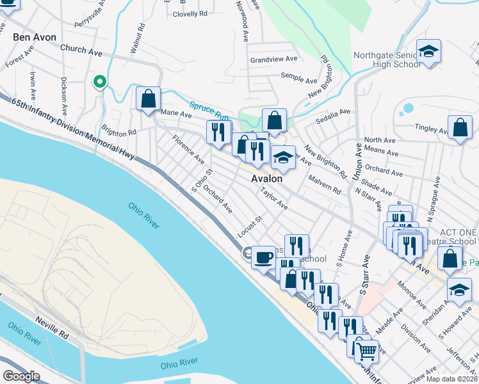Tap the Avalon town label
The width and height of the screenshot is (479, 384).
[x=266, y=179]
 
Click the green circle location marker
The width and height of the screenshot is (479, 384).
[x=99, y=81]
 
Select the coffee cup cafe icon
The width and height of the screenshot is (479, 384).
[x=263, y=257]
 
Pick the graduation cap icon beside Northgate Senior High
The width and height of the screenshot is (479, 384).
[x=428, y=51]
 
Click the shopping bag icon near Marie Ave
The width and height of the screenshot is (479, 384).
[x=148, y=99]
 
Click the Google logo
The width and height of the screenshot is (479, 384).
[x=21, y=376]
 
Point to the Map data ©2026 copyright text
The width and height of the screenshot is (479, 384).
[x=452, y=379]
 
